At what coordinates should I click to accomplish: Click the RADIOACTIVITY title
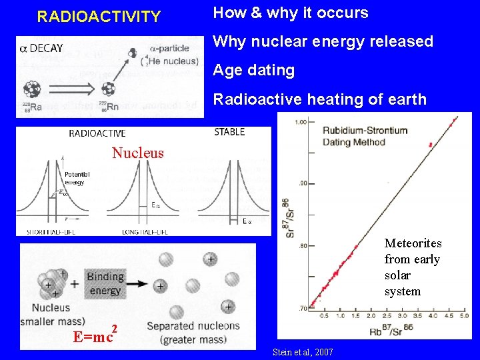(99, 17)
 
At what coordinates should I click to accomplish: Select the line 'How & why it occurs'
(290, 13)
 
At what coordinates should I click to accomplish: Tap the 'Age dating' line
(253, 70)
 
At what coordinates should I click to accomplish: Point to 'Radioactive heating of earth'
(319, 99)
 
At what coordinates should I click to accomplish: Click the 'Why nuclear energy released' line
(323, 41)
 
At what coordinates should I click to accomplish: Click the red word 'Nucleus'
(137, 153)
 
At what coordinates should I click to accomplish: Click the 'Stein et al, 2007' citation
(303, 351)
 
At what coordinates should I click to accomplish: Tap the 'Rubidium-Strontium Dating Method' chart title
(365, 136)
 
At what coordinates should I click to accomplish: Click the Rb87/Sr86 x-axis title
(390, 329)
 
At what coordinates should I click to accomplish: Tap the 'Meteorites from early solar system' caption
(413, 267)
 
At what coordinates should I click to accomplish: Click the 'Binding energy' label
(105, 283)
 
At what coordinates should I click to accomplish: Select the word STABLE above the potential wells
(229, 132)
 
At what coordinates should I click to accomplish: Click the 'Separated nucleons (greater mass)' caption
(193, 332)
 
